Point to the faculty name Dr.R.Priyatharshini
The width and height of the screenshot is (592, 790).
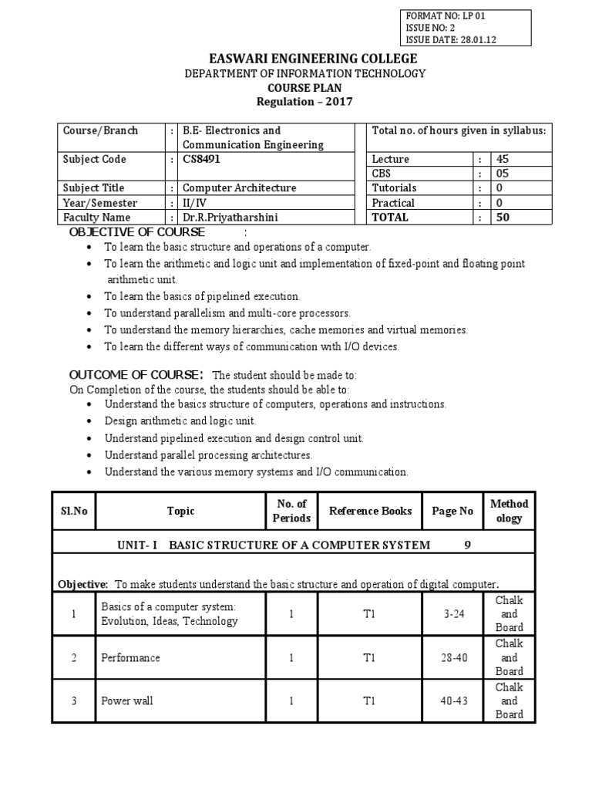click(x=229, y=218)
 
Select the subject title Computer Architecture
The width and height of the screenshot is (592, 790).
click(x=239, y=188)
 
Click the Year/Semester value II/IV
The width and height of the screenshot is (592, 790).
click(x=195, y=203)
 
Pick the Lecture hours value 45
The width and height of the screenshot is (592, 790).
click(x=503, y=160)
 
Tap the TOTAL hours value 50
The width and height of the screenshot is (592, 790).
click(x=503, y=218)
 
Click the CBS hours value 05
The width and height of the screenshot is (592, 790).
click(x=503, y=174)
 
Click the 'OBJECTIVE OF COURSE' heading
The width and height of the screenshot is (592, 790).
click(x=137, y=232)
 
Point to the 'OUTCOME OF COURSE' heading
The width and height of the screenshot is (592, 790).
click(x=136, y=375)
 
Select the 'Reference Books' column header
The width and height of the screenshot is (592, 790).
click(x=370, y=511)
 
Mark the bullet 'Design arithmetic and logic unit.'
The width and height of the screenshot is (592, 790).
click(x=180, y=421)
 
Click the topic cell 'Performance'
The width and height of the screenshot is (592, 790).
click(x=131, y=658)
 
